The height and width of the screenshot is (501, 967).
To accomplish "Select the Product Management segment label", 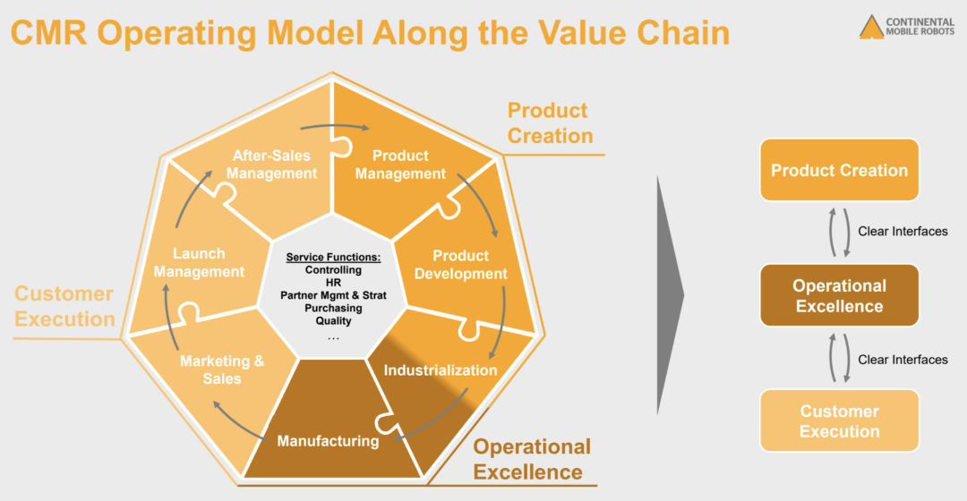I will (400, 165).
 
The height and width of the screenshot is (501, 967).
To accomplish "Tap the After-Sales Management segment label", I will (272, 165).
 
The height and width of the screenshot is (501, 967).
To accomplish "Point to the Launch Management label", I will (199, 262).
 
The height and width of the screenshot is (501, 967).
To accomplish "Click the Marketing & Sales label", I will (222, 369).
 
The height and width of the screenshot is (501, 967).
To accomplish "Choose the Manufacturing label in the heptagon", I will (328, 441).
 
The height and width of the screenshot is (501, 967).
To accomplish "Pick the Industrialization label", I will (441, 369).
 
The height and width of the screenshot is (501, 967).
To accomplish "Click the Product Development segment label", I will (460, 265).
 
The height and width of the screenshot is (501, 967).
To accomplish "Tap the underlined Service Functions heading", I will (334, 257).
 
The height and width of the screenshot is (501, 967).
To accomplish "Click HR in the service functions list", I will (334, 283).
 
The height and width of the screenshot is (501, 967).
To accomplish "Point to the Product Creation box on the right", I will (839, 170).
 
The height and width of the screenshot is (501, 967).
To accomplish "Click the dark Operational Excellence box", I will (839, 296).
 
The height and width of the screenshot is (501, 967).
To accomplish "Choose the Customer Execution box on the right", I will (839, 421).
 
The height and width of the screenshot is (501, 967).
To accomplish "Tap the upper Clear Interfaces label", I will (903, 232).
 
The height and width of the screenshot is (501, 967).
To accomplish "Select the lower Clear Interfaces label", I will (903, 360).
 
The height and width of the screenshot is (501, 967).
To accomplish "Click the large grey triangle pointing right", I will (669, 294).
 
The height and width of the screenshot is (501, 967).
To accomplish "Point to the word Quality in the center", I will (334, 321).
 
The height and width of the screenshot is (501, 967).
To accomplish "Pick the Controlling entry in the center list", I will (334, 270).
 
